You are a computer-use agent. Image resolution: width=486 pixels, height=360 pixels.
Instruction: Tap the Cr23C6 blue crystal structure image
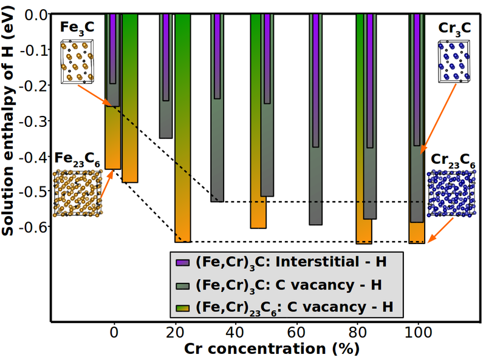pos(451,192)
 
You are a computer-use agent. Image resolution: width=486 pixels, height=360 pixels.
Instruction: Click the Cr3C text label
pos(455,29)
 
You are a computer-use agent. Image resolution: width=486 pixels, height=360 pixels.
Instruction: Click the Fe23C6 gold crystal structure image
pos(78,192)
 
